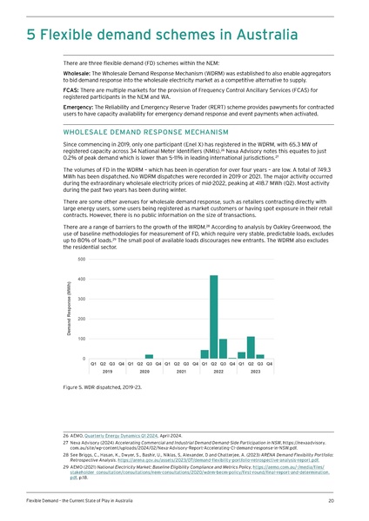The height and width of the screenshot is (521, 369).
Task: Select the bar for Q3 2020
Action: point(149,356)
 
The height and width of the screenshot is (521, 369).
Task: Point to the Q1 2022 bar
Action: point(205,354)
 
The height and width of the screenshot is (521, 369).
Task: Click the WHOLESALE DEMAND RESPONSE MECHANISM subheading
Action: point(138,132)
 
